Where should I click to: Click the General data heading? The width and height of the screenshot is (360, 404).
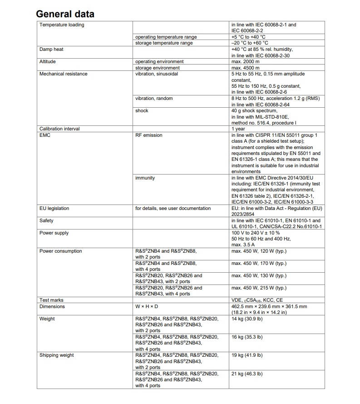(x=65, y=14)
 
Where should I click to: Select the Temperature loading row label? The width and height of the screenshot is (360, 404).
(x=62, y=25)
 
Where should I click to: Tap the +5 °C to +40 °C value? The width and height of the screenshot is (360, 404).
(x=248, y=37)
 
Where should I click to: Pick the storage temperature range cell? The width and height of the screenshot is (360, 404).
(x=164, y=43)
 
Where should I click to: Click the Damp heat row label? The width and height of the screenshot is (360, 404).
(x=51, y=49)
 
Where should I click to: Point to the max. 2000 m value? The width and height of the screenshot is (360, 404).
(x=245, y=61)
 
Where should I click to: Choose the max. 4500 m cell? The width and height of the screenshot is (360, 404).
(x=245, y=68)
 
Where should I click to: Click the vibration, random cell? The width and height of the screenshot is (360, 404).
(x=154, y=98)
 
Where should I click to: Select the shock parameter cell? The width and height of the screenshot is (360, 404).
(x=142, y=110)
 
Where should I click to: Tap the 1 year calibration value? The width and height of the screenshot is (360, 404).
(x=239, y=129)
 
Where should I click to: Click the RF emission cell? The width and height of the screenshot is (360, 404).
(x=148, y=135)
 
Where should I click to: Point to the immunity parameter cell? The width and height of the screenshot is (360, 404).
(x=145, y=178)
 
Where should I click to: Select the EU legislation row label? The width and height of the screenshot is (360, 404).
(x=54, y=208)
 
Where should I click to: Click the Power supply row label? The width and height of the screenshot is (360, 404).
(x=54, y=233)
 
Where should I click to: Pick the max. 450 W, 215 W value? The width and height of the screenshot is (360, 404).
(x=259, y=288)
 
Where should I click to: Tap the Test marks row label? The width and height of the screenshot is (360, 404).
(x=51, y=300)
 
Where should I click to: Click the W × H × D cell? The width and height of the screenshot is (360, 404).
(x=145, y=306)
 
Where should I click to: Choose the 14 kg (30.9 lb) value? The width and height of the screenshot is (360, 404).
(x=247, y=319)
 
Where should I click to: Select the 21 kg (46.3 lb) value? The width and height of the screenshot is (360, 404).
(x=247, y=374)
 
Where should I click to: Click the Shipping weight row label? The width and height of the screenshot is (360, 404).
(x=57, y=355)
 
